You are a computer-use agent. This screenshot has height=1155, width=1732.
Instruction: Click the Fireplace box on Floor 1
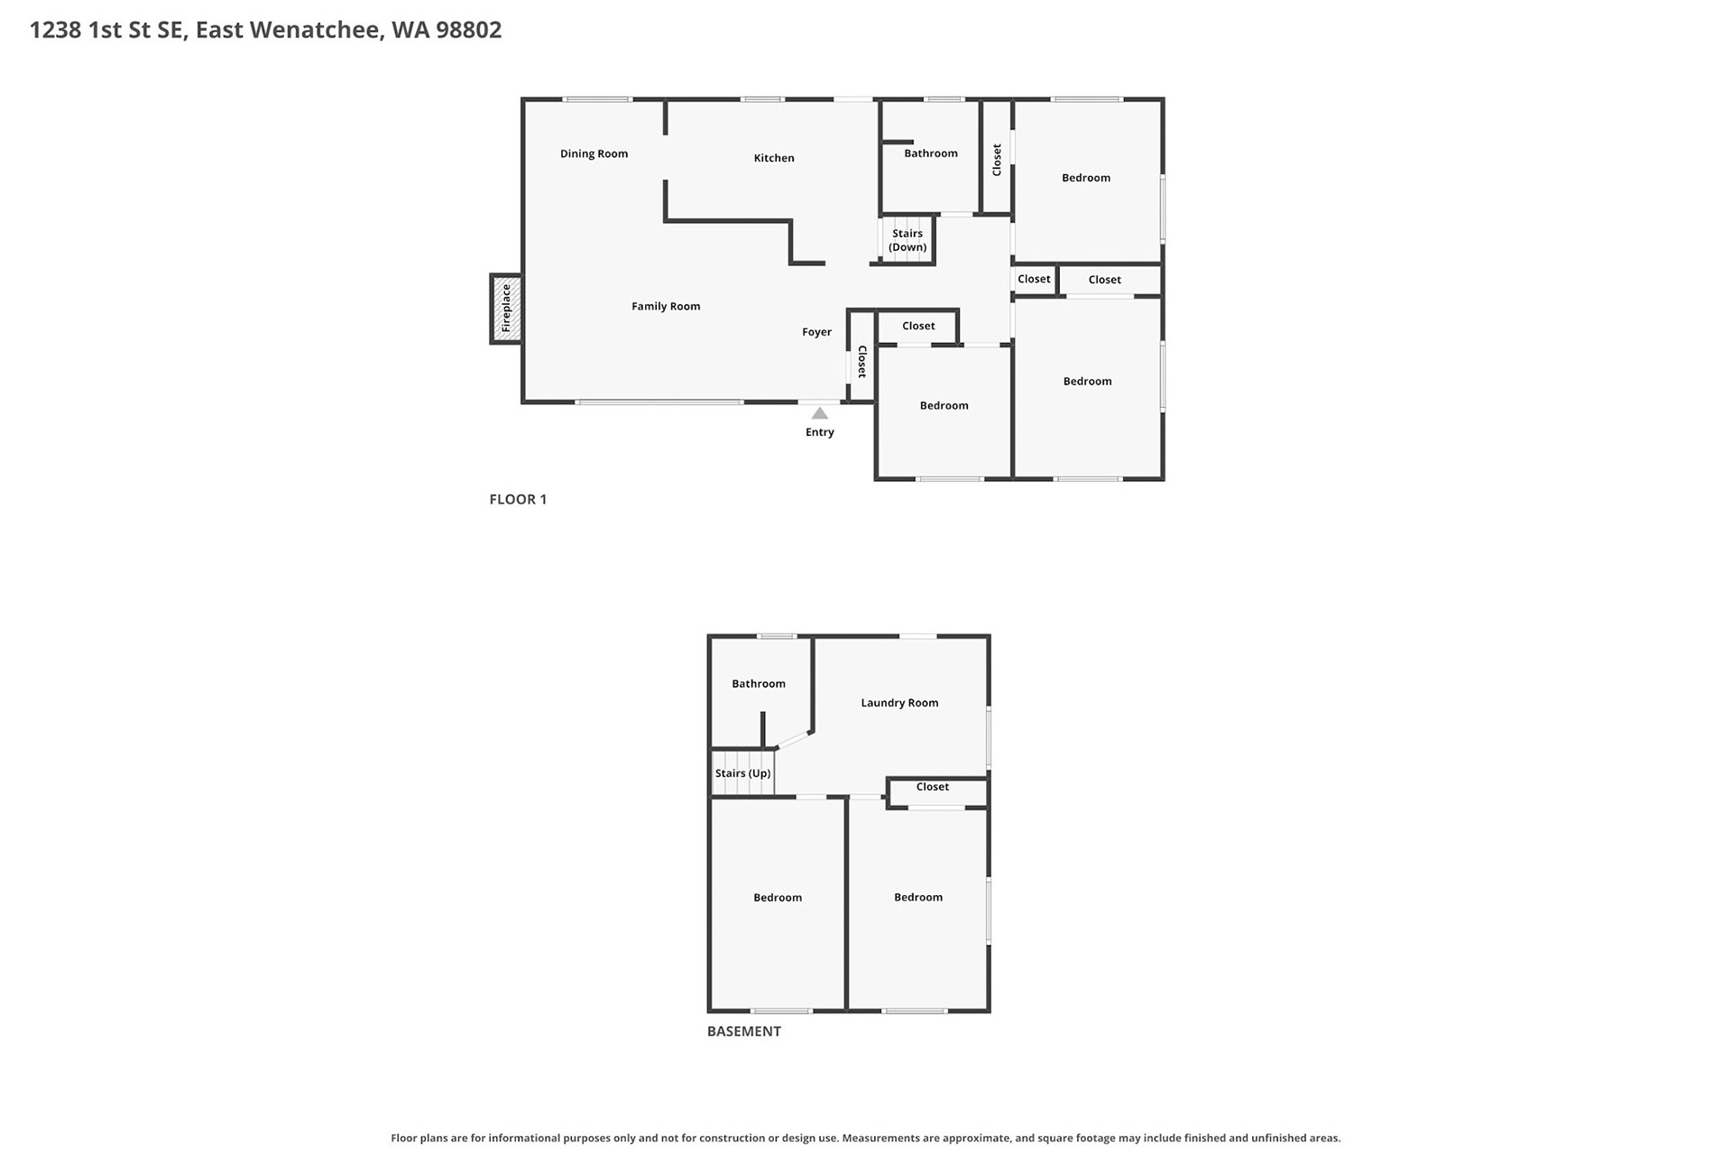(x=505, y=309)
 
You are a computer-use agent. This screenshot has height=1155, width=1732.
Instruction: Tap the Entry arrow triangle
(x=819, y=413)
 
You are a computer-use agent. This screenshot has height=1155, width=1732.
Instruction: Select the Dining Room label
(x=594, y=153)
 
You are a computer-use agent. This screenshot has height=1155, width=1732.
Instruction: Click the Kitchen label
(x=774, y=158)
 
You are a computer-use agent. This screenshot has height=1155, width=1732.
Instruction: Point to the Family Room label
(x=666, y=307)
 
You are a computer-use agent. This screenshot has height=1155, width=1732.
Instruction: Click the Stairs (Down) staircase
(x=907, y=240)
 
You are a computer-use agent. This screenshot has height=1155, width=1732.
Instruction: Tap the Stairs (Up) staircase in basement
(x=742, y=773)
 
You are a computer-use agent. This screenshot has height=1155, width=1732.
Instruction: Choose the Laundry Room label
(x=899, y=703)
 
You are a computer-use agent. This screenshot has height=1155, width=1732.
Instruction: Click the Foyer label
(x=816, y=332)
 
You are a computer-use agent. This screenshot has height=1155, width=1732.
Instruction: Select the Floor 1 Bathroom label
(x=931, y=153)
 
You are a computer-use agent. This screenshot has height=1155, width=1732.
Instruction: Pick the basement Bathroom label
(x=759, y=684)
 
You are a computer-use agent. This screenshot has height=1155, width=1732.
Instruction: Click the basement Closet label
(x=933, y=787)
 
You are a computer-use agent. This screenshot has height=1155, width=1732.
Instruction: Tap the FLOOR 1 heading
(x=518, y=499)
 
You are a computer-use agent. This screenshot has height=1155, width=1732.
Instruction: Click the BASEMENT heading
(x=744, y=1031)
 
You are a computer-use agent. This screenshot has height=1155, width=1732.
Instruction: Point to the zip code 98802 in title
(x=468, y=30)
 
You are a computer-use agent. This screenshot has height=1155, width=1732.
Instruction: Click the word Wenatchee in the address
(x=316, y=31)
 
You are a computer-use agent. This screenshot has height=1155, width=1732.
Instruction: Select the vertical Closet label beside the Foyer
(x=862, y=361)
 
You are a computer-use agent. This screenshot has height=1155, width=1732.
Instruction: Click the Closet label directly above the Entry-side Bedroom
(x=918, y=326)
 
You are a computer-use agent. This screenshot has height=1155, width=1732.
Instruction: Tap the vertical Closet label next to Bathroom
(x=997, y=160)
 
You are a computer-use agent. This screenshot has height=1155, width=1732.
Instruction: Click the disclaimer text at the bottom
(x=866, y=1138)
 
